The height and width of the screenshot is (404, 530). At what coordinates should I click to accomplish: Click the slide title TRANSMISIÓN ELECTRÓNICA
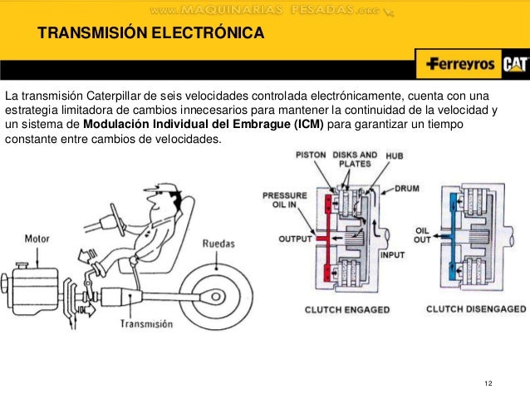pos(150,34)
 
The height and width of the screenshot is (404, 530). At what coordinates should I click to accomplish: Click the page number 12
pos(488,382)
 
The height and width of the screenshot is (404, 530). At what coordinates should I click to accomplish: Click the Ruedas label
pos(219,244)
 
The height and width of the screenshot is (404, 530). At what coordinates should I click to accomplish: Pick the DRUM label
pos(407,189)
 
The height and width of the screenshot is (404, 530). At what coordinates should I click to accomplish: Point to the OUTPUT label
pos(294,239)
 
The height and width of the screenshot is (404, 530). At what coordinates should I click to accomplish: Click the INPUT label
pos(392,255)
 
